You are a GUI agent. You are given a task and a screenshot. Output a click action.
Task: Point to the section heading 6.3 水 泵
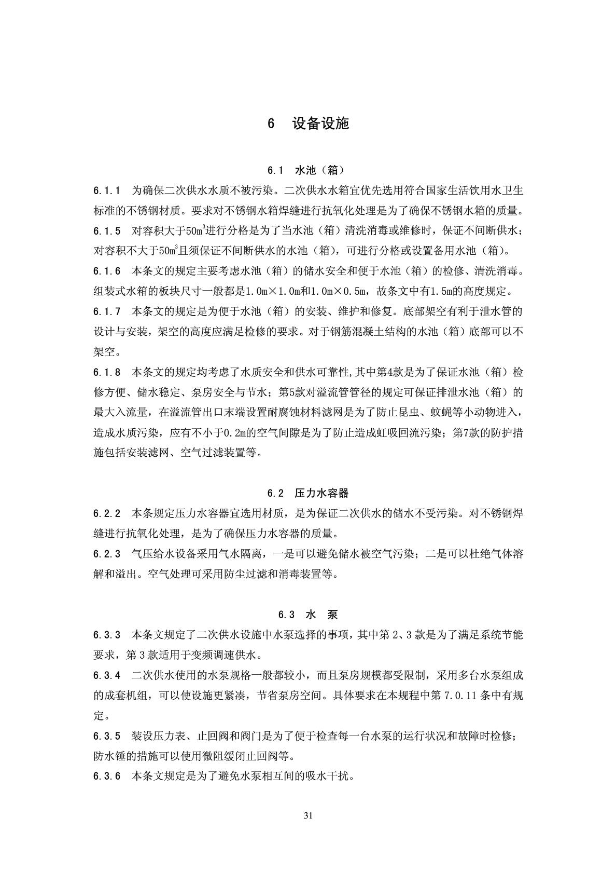(308, 615)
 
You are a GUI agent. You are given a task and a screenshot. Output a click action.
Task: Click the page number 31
(308, 815)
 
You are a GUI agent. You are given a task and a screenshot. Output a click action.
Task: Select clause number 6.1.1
(107, 190)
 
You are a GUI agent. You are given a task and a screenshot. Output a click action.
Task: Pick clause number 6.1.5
(107, 230)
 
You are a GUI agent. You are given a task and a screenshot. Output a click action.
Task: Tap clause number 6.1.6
(107, 271)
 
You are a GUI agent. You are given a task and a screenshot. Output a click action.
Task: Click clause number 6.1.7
(107, 311)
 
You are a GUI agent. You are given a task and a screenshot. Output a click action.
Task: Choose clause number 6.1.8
(107, 372)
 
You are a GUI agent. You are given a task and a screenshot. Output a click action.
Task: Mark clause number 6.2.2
(107, 514)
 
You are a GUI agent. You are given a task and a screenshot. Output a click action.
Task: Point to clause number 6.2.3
(107, 554)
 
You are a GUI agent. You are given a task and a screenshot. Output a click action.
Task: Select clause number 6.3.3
(107, 635)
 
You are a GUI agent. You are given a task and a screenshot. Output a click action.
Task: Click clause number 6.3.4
(107, 675)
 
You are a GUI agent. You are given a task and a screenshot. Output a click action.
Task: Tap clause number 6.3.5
(107, 736)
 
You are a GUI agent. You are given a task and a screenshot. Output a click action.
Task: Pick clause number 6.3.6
(107, 776)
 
